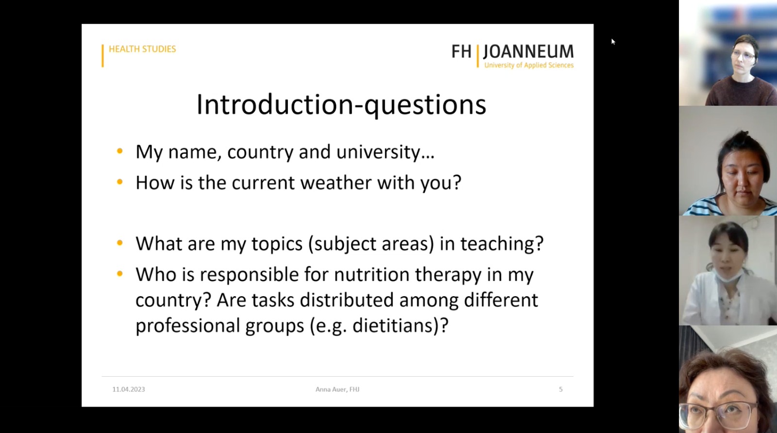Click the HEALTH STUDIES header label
click(142, 49)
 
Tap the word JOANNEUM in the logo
click(528, 51)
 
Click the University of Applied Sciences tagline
click(529, 65)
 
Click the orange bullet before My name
click(119, 151)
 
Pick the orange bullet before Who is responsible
click(119, 274)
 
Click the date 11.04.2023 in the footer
click(129, 389)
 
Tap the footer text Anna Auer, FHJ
click(337, 389)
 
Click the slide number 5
click(560, 389)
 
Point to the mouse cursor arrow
click(613, 42)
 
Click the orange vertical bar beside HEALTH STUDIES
click(102, 55)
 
